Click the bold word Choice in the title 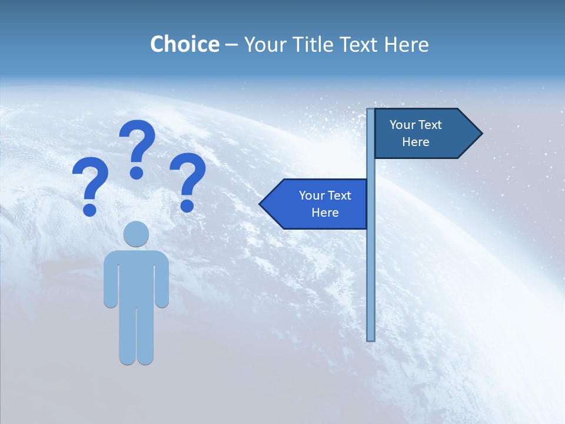pos(184,44)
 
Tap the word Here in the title pos(406,44)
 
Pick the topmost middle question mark pos(137,147)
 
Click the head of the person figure pos(136,234)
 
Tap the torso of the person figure pos(136,277)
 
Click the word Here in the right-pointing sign pos(416,142)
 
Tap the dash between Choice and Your pos(231,45)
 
